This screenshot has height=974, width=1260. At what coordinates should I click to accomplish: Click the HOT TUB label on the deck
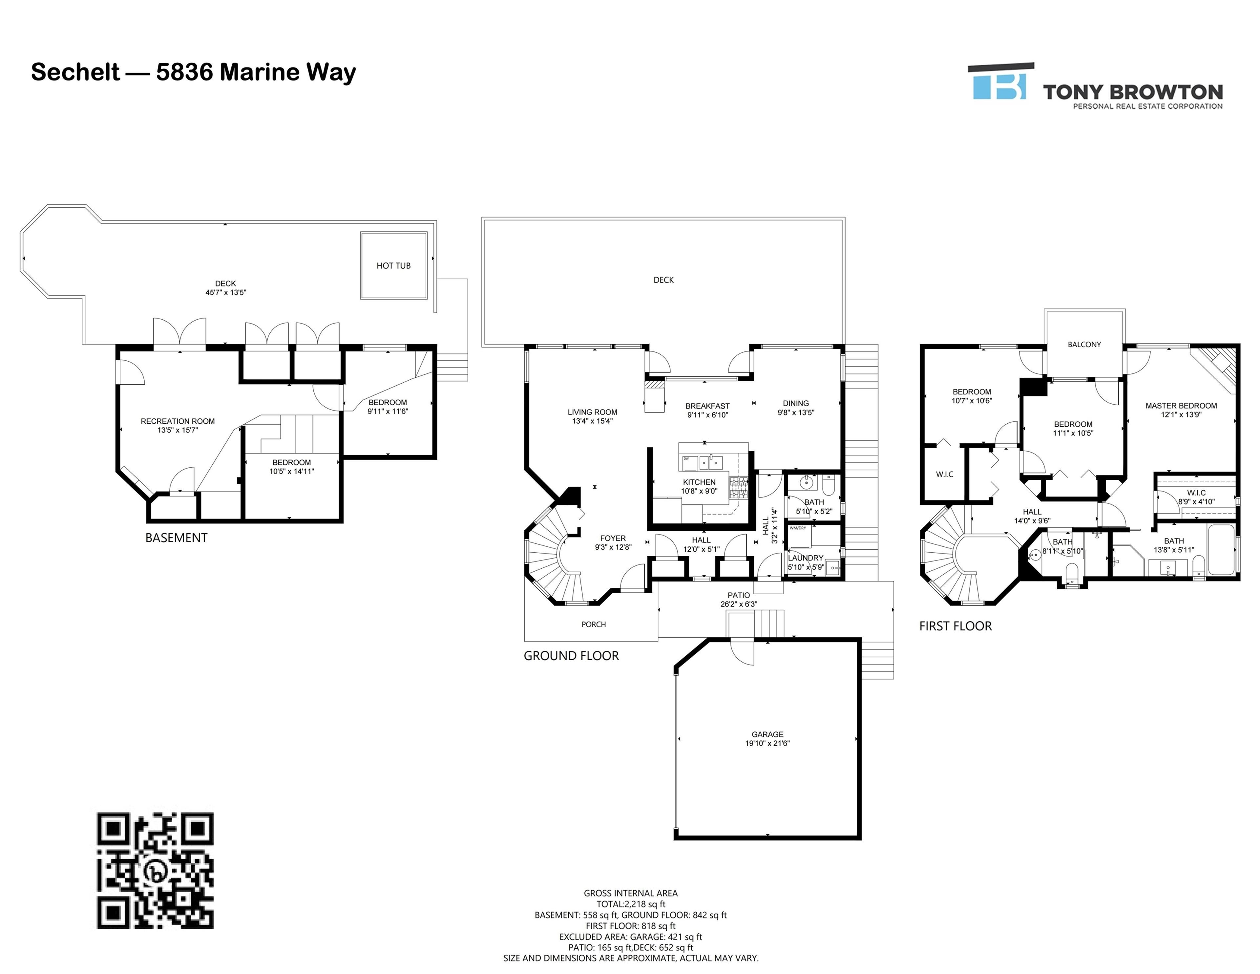point(393,265)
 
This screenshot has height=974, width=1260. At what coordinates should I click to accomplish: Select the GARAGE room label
point(767,734)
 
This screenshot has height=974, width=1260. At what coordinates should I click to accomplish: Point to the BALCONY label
point(1084,345)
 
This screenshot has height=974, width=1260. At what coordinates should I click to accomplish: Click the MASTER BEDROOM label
point(1181,406)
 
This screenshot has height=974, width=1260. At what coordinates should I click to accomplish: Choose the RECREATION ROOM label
point(178,421)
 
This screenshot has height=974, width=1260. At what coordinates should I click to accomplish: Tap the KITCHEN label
point(699,482)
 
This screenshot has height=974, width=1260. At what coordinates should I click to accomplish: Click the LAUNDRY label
point(806,558)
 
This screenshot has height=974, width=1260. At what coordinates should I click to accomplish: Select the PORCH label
point(594,624)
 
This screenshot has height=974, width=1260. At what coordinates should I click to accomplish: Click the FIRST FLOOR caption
point(955,626)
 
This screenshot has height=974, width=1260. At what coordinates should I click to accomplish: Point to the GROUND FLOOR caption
point(571,655)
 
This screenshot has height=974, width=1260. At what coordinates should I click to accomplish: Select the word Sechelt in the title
point(75,72)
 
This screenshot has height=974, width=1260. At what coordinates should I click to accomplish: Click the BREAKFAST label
point(707,406)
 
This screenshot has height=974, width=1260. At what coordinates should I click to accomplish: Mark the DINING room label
point(796,403)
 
